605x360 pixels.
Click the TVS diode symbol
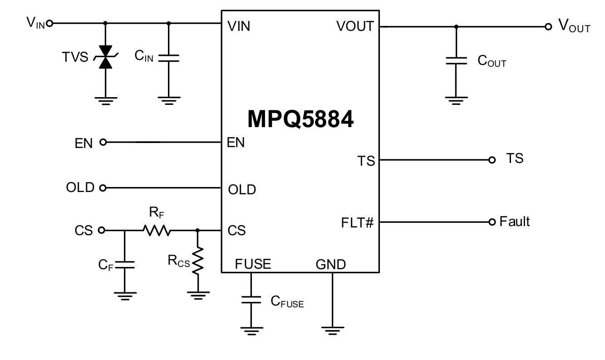(106, 57)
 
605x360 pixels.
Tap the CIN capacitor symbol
(169, 58)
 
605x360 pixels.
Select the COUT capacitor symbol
(456, 61)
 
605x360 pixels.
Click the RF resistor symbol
(157, 231)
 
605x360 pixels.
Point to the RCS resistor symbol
(197, 261)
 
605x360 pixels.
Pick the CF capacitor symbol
(124, 265)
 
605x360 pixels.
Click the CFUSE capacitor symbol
(251, 300)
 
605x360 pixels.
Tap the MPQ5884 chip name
(300, 120)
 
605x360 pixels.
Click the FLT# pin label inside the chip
(357, 223)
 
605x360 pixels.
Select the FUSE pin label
(253, 264)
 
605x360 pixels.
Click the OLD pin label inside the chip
(242, 189)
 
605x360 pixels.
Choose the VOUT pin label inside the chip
(355, 26)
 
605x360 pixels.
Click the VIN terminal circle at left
(49, 23)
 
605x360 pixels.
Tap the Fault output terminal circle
(492, 222)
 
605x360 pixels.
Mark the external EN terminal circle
(103, 143)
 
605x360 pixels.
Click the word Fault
(515, 222)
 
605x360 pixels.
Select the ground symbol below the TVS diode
(106, 100)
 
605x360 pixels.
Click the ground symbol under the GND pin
(332, 330)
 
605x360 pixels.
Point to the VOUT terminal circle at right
(548, 27)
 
